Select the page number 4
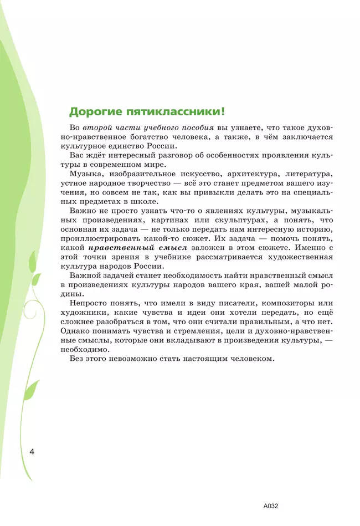32,451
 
